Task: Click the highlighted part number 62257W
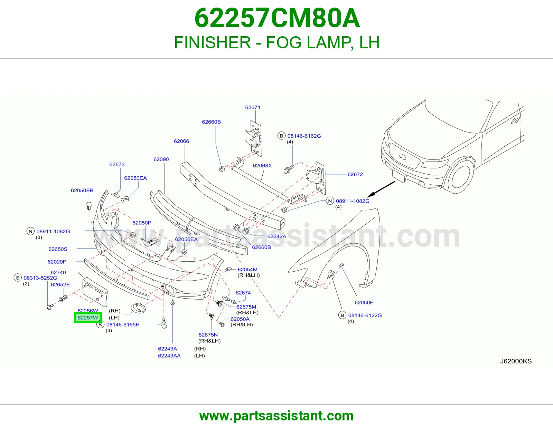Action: [88, 318]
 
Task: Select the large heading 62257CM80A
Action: [277, 18]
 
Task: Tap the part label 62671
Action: [253, 107]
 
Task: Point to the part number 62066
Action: [181, 141]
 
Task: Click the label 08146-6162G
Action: [304, 136]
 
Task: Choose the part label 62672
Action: [355, 174]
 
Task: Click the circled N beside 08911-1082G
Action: [330, 201]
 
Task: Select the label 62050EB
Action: [82, 191]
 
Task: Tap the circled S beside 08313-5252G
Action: [18, 278]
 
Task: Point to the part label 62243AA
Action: [169, 356]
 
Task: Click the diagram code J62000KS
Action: [516, 361]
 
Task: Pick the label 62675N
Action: [208, 335]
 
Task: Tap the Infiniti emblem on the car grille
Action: [402, 157]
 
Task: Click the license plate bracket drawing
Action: [95, 292]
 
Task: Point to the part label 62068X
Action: [262, 165]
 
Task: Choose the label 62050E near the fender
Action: [364, 302]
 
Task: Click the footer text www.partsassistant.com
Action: [276, 416]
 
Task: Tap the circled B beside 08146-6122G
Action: [342, 315]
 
